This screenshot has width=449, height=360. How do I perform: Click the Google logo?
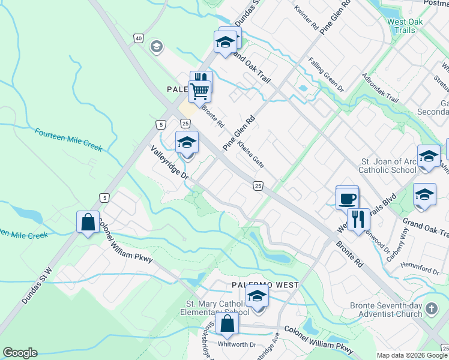coord(20,353)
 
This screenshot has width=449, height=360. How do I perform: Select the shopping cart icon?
coord(199,92)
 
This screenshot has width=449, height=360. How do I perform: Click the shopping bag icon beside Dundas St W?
coord(88,222)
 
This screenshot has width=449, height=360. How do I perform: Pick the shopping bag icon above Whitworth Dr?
coord(228,324)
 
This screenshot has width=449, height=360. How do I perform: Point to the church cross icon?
coord(430,310)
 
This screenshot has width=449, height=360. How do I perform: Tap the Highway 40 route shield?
coord(139,38)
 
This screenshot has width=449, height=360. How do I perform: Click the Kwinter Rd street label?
coord(306,19)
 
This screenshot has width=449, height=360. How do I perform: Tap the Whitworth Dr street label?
coord(237,344)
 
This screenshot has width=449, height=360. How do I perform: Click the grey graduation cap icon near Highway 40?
coord(157,47)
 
